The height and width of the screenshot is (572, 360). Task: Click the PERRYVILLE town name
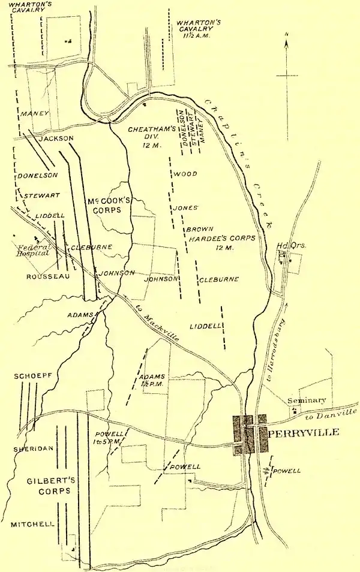304,432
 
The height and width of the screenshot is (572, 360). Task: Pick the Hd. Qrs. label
287,246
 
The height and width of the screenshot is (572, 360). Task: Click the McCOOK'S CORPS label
106,204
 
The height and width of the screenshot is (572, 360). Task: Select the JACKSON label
55,139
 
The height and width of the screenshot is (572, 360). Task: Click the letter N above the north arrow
287,34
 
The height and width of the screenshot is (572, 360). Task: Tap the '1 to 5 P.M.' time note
109,441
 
